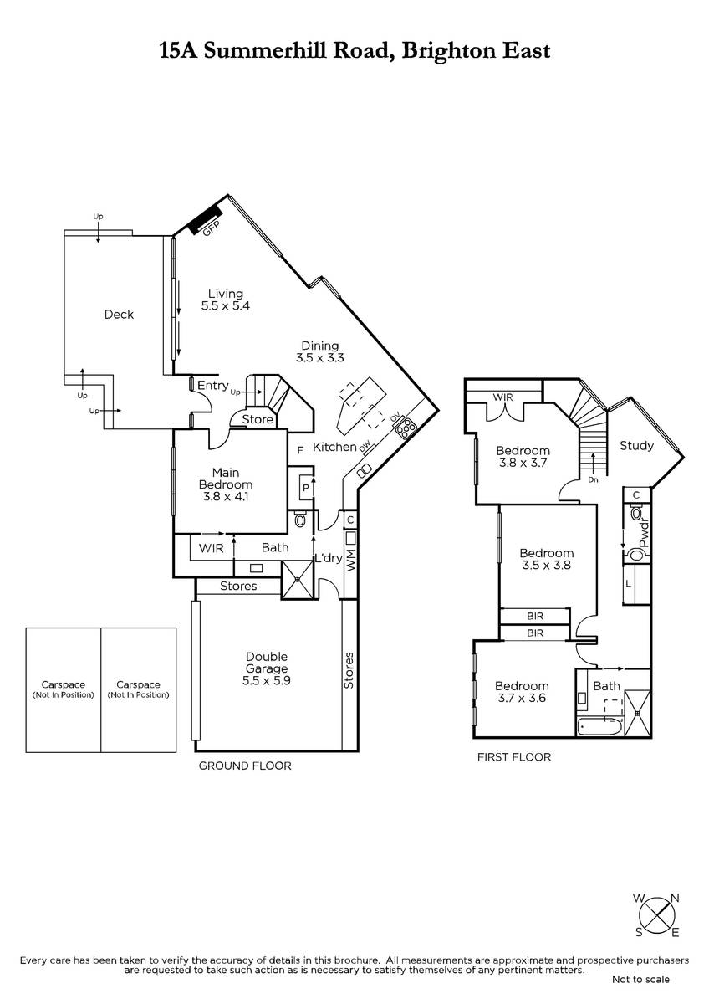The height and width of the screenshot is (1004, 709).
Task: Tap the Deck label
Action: [119, 315]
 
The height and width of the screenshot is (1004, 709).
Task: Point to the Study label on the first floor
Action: [636, 446]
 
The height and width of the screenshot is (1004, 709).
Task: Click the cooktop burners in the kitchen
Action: [406, 428]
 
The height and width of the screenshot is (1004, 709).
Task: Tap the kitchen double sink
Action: [365, 469]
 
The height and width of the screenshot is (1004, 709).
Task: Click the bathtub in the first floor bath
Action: [599, 726]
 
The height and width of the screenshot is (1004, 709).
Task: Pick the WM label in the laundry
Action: [351, 561]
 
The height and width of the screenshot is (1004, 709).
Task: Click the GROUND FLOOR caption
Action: [245, 766]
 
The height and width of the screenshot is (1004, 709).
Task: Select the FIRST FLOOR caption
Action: [514, 757]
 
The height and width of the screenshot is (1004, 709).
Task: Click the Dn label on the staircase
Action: [593, 480]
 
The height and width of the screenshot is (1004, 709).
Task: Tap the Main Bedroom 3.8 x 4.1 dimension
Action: [226, 497]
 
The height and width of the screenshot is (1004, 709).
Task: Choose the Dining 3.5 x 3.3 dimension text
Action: [319, 358]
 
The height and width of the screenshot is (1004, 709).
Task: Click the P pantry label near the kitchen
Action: [306, 487]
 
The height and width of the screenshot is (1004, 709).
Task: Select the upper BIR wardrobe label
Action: [535, 616]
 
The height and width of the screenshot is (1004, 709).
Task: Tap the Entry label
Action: [212, 386]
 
